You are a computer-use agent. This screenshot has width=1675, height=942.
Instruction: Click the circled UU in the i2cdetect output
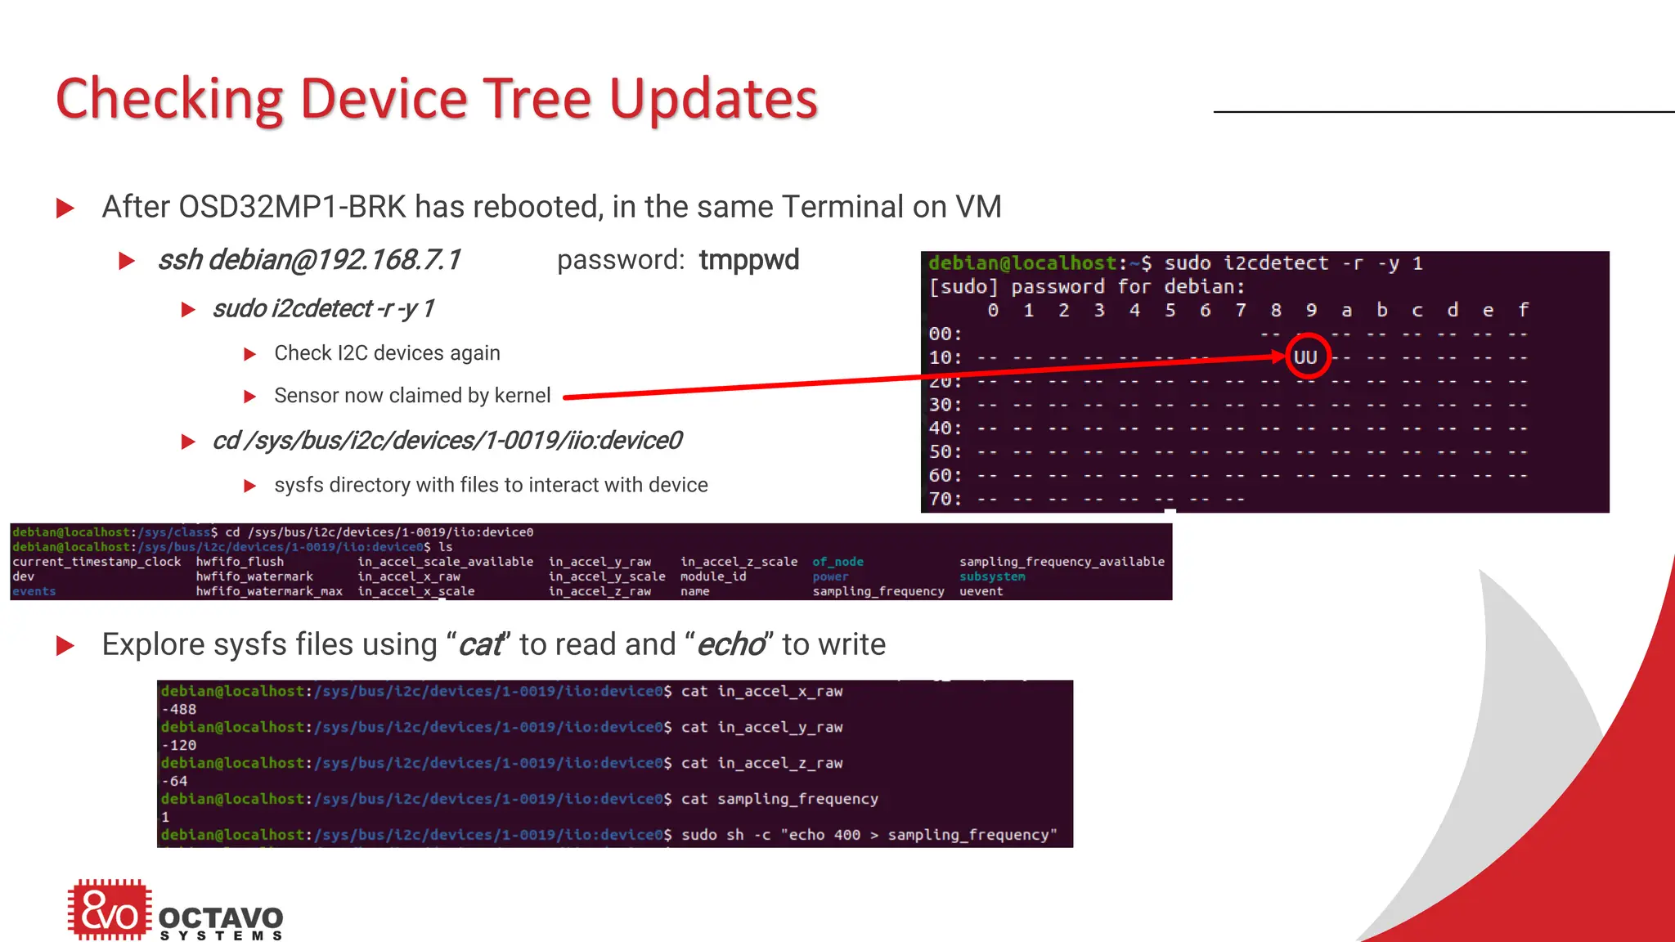1305,357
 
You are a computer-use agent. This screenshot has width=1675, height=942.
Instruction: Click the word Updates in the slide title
713,99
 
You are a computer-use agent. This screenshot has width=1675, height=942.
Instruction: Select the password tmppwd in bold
748,260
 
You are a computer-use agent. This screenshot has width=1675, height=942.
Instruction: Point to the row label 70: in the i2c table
945,499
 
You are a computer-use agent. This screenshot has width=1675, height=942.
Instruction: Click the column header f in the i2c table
1523,310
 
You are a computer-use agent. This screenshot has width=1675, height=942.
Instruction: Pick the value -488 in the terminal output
179,709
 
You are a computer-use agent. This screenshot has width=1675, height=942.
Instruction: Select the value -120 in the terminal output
179,745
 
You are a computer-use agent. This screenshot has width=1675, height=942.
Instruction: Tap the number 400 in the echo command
846,835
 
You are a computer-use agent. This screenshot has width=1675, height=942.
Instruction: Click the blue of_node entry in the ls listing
837,562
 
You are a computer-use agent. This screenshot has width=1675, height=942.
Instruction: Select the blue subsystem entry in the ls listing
992,576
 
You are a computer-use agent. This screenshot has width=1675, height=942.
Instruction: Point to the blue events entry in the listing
34,591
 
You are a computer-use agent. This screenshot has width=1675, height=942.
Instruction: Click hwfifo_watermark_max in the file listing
269,591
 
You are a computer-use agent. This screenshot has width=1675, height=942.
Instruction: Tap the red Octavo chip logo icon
110,909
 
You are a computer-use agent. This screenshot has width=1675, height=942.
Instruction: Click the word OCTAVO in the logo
221,917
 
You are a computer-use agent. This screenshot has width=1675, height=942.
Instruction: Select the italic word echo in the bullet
730,644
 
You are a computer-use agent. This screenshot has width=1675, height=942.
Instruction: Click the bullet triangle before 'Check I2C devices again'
250,354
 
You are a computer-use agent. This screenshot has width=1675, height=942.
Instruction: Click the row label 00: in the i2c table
945,334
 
